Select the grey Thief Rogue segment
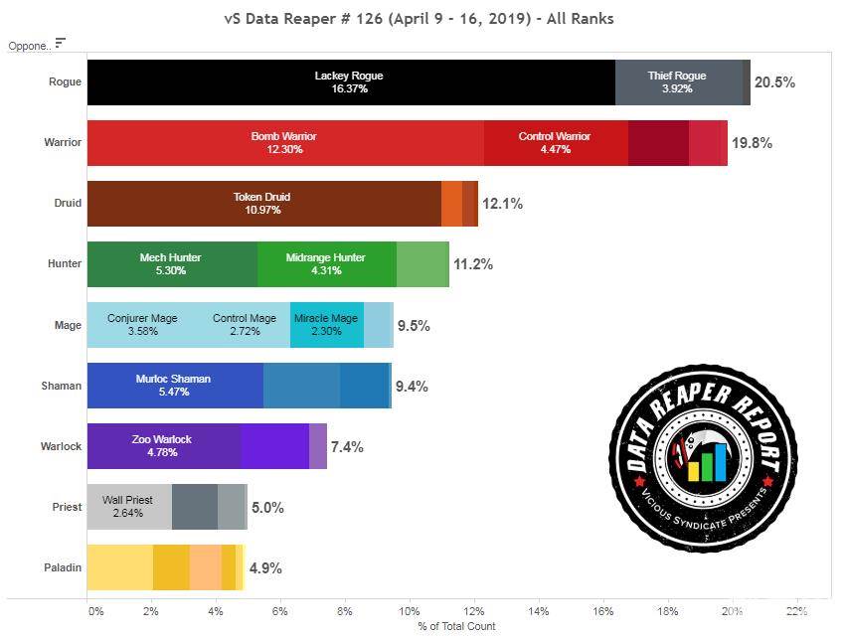coord(677,82)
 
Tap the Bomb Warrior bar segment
coord(284,143)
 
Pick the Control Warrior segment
coord(555,143)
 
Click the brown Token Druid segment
coord(262,204)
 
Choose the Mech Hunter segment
coord(171,264)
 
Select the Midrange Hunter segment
coord(327,264)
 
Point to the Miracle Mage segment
coord(326,325)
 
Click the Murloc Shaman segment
coord(174,386)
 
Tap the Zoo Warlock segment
coord(162,445)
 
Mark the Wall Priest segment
coord(128,507)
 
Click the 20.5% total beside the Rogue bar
coord(774,82)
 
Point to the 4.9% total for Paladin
coord(264,568)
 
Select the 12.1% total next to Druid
coord(502,204)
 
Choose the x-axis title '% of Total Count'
coord(456,626)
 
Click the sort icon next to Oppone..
coord(61,43)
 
